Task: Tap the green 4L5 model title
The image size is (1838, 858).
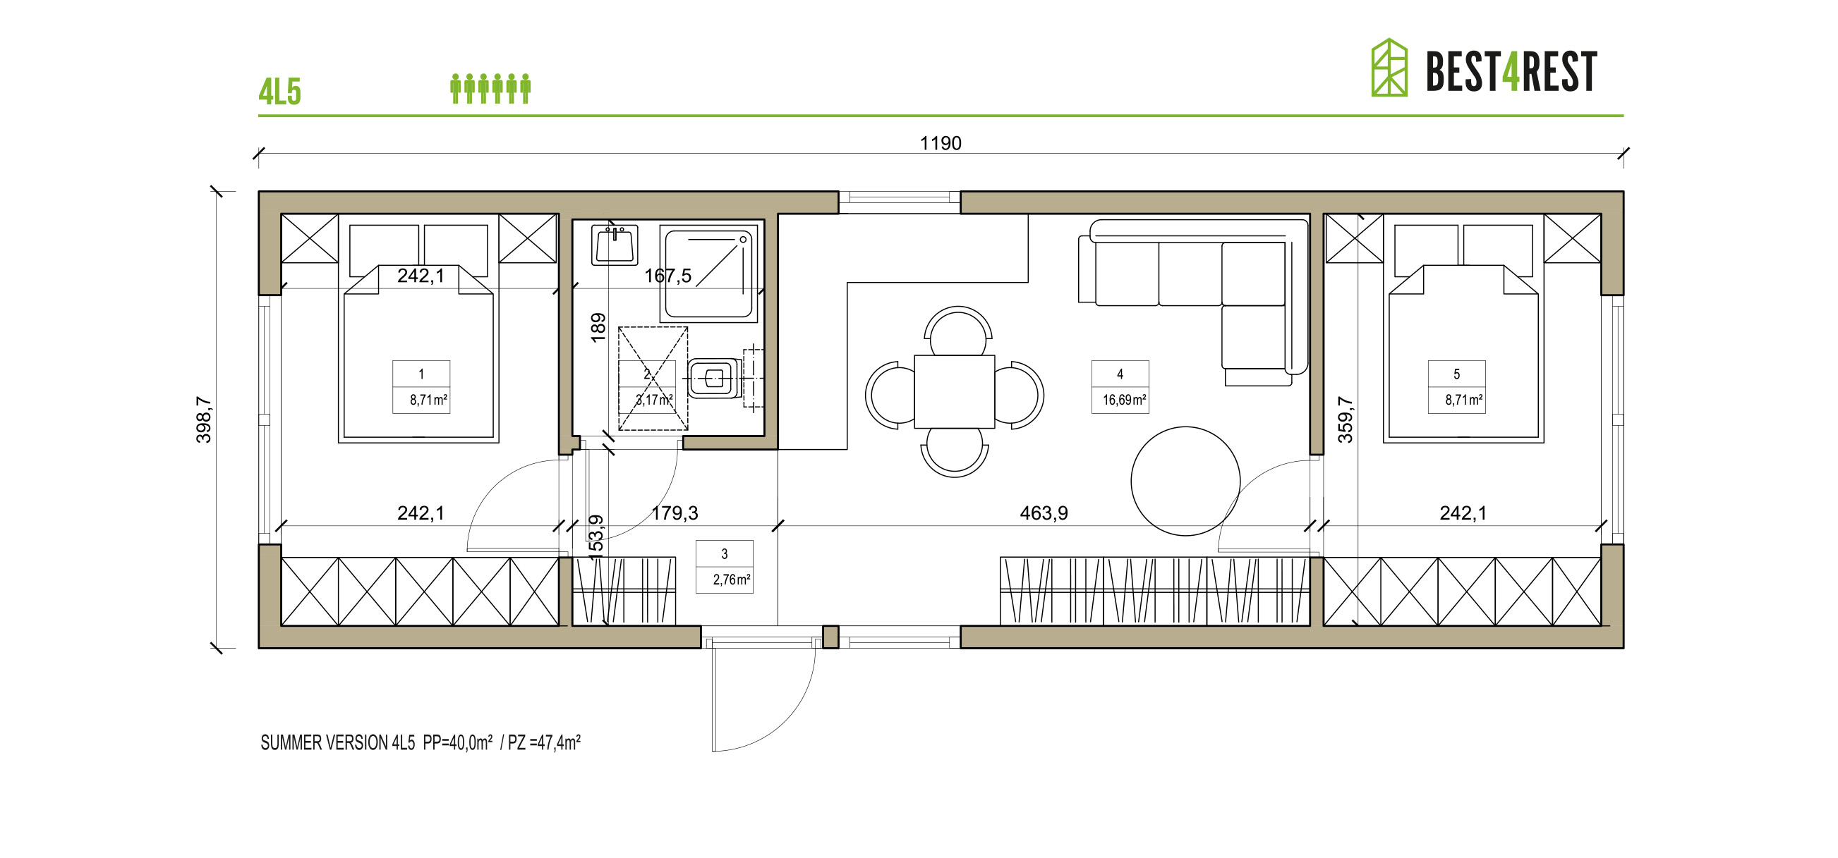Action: click(279, 92)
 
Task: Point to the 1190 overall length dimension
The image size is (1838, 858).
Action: click(941, 143)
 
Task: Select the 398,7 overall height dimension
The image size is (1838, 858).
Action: click(204, 420)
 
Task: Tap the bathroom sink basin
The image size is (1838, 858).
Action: click(615, 245)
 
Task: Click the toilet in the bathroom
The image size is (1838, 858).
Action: click(713, 378)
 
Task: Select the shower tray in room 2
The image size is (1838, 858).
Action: click(708, 272)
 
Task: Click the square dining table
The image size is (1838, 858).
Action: click(954, 391)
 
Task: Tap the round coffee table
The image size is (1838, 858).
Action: click(1185, 482)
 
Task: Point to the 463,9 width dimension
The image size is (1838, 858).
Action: click(1043, 513)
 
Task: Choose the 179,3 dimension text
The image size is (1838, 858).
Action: click(675, 513)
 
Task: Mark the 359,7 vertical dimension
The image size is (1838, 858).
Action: click(1345, 420)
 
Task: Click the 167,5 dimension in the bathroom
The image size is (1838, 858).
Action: click(668, 276)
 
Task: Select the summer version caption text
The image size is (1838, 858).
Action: click(421, 743)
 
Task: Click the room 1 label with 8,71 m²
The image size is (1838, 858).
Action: click(421, 387)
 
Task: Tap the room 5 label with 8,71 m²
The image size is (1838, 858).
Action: click(1456, 387)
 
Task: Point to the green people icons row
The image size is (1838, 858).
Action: click(490, 88)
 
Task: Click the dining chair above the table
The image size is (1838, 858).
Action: click(957, 331)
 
